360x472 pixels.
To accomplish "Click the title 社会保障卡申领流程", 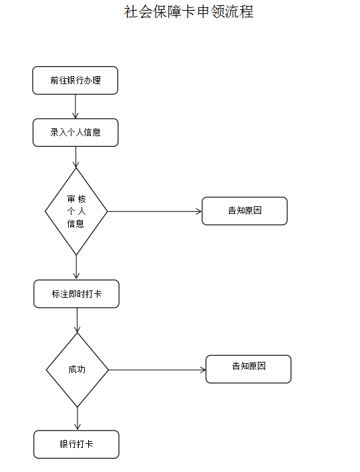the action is (188, 12).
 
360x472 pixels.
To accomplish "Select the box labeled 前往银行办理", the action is (75, 80).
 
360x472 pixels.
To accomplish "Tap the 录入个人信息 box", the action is (75, 132).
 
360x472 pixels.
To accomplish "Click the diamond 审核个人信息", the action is (76, 212).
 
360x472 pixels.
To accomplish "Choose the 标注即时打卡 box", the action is (76, 294).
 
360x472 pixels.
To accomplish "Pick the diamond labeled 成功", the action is (77, 370).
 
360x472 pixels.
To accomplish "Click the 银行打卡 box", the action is (76, 445).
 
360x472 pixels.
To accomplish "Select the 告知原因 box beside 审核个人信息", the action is (244, 211).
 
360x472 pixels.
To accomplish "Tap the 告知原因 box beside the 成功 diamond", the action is (248, 369).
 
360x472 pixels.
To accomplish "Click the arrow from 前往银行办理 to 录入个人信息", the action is (75, 106).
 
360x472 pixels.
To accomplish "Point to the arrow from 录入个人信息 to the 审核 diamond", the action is (76, 157).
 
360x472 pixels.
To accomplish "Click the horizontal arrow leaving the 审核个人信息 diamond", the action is (154, 212).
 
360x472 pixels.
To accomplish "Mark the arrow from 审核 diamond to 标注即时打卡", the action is (76, 267).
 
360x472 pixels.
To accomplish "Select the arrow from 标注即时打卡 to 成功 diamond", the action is (77, 320).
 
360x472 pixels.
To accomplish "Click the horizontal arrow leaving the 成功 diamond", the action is (157, 370).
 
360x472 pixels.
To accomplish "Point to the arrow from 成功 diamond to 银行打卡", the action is (77, 419).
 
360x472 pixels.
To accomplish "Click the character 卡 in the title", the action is (188, 12).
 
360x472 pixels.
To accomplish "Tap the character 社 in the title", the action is (131, 12).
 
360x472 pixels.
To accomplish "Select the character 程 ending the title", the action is (246, 12).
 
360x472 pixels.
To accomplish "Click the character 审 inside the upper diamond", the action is (71, 199).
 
